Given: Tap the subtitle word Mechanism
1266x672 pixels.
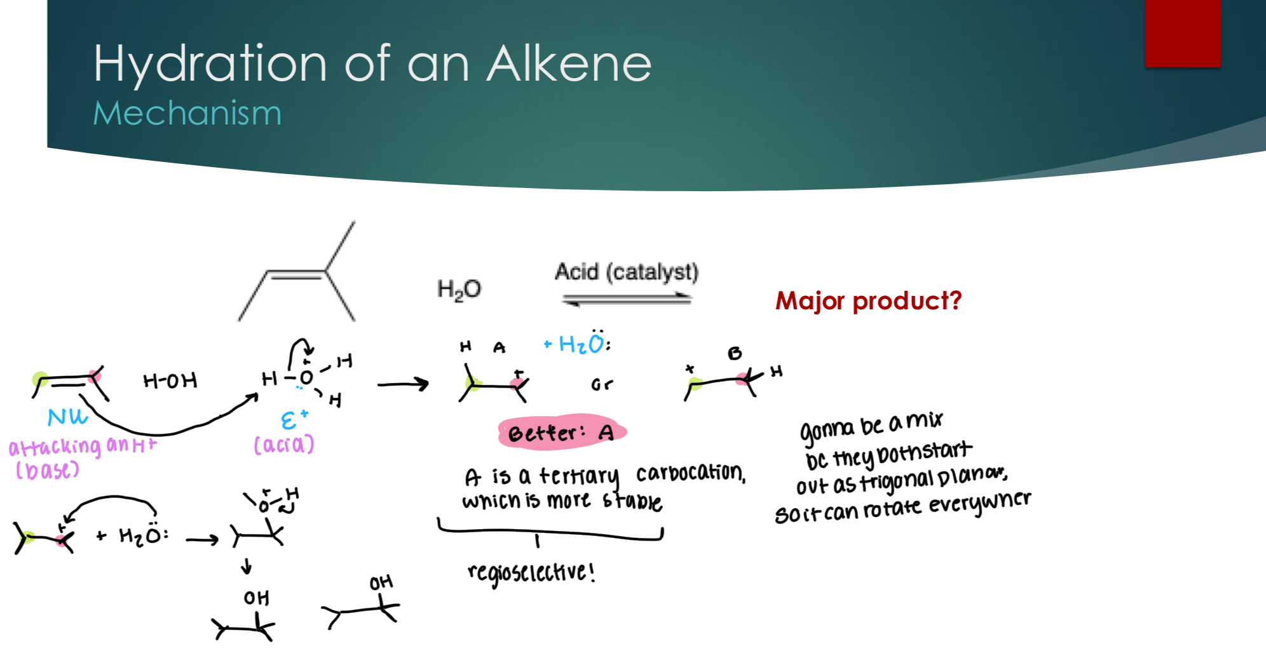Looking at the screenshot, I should pyautogui.click(x=187, y=114).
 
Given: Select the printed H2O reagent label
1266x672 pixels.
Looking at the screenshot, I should pyautogui.click(x=458, y=290).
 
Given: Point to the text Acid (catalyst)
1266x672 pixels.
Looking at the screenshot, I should pyautogui.click(x=626, y=272).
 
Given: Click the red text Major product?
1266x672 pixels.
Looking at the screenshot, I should pyautogui.click(x=868, y=300).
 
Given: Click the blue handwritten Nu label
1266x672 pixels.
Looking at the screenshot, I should pyautogui.click(x=67, y=417).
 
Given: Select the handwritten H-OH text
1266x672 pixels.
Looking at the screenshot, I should pyautogui.click(x=170, y=380).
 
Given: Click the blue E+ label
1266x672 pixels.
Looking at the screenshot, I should pyautogui.click(x=294, y=419).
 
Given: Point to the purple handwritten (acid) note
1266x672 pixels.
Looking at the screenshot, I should pyautogui.click(x=283, y=444).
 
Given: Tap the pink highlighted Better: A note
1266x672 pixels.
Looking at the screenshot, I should pyautogui.click(x=562, y=433).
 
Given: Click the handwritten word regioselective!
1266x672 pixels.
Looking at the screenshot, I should pyautogui.click(x=531, y=572).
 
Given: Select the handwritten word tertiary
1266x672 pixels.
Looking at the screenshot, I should pyautogui.click(x=578, y=475).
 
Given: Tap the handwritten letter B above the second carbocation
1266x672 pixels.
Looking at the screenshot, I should pyautogui.click(x=735, y=353).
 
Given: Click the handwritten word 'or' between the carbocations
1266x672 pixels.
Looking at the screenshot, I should pyautogui.click(x=601, y=384).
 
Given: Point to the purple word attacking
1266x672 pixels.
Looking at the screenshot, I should pyautogui.click(x=55, y=447).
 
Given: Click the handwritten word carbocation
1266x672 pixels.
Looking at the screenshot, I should pyautogui.click(x=690, y=473).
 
